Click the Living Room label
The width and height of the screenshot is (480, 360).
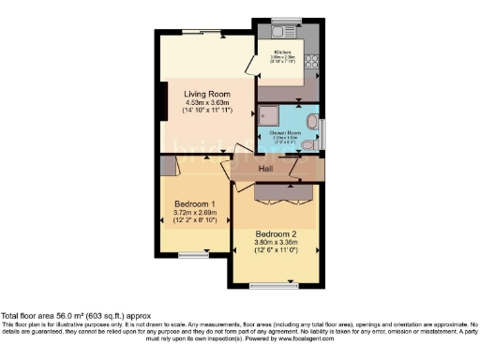pyautogui.click(x=208, y=94)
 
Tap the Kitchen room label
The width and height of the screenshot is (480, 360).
pyautogui.click(x=282, y=52)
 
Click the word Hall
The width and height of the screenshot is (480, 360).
pyautogui.click(x=266, y=170)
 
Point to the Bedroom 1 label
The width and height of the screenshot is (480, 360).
pyautogui.click(x=195, y=203)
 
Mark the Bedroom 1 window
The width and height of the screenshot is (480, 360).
pyautogui.click(x=195, y=252)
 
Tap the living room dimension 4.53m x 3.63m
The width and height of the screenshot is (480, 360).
pyautogui.click(x=207, y=103)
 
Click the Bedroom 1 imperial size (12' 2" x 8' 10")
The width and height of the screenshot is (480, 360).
pyautogui.click(x=195, y=221)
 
